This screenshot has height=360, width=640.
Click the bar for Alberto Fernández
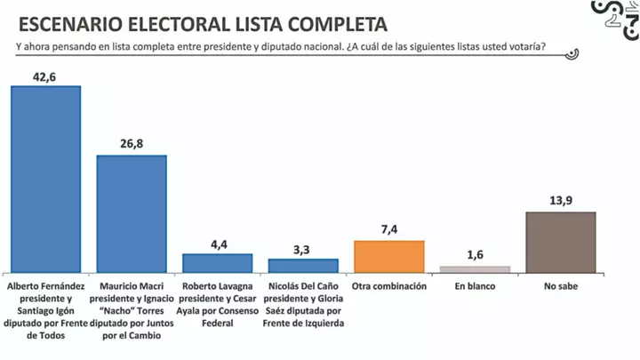44,178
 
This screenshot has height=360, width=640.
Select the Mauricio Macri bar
131,213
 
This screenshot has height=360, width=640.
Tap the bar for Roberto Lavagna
217,262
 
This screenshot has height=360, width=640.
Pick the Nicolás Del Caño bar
303,265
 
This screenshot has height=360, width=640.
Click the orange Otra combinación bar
389,256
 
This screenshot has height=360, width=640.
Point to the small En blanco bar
476,268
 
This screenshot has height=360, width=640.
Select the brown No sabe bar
561,242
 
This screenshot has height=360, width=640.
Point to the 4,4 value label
218,243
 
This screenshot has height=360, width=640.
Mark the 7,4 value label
389,229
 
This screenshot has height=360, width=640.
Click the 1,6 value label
476,255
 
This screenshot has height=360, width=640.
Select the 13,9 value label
561,201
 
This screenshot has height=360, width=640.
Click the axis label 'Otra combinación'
389,286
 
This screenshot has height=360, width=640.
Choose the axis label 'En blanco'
476,286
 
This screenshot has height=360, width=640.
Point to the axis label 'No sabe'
561,286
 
